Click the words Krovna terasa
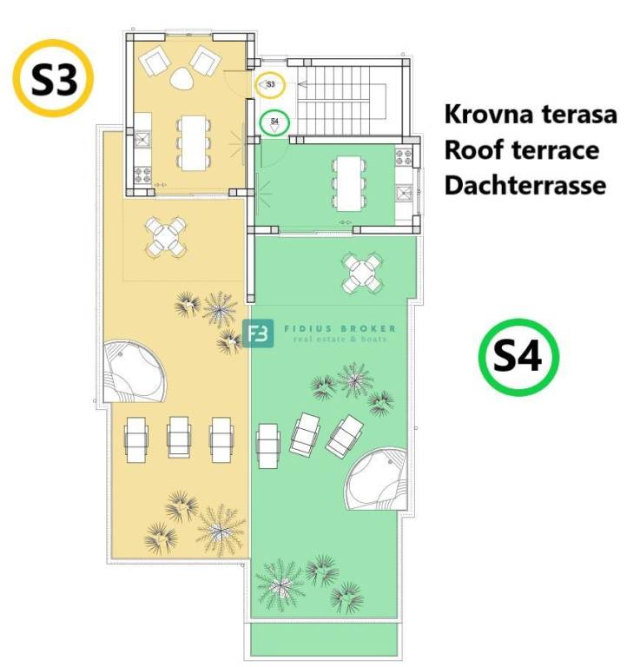pos(531,115)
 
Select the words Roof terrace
pos(522,150)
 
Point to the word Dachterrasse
pos(525,186)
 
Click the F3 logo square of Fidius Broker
pos(258,333)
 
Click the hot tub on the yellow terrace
pos(135,372)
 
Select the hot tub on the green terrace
pos(376,479)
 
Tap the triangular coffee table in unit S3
pos(182,79)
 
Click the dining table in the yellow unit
pos(194,143)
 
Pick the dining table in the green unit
pos(350,183)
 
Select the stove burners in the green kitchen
pos(404,157)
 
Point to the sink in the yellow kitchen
pos(142,139)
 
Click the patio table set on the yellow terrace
pos(166,237)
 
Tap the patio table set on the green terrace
pos(363,274)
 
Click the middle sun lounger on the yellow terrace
pos(179,438)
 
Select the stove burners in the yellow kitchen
pos(143,175)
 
